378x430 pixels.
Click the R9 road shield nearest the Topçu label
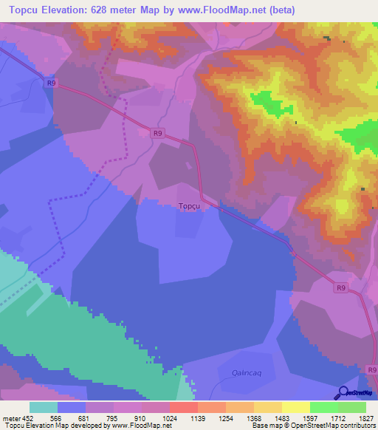click(x=158, y=133)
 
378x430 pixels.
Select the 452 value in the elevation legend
click(x=27, y=417)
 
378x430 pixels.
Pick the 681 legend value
click(x=85, y=417)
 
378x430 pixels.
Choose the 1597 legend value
click(x=309, y=417)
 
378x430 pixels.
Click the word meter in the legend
click(x=10, y=417)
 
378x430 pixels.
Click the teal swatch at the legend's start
click(x=43, y=407)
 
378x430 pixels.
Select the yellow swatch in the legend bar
click(x=295, y=407)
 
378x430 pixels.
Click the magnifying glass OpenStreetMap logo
click(x=343, y=393)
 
